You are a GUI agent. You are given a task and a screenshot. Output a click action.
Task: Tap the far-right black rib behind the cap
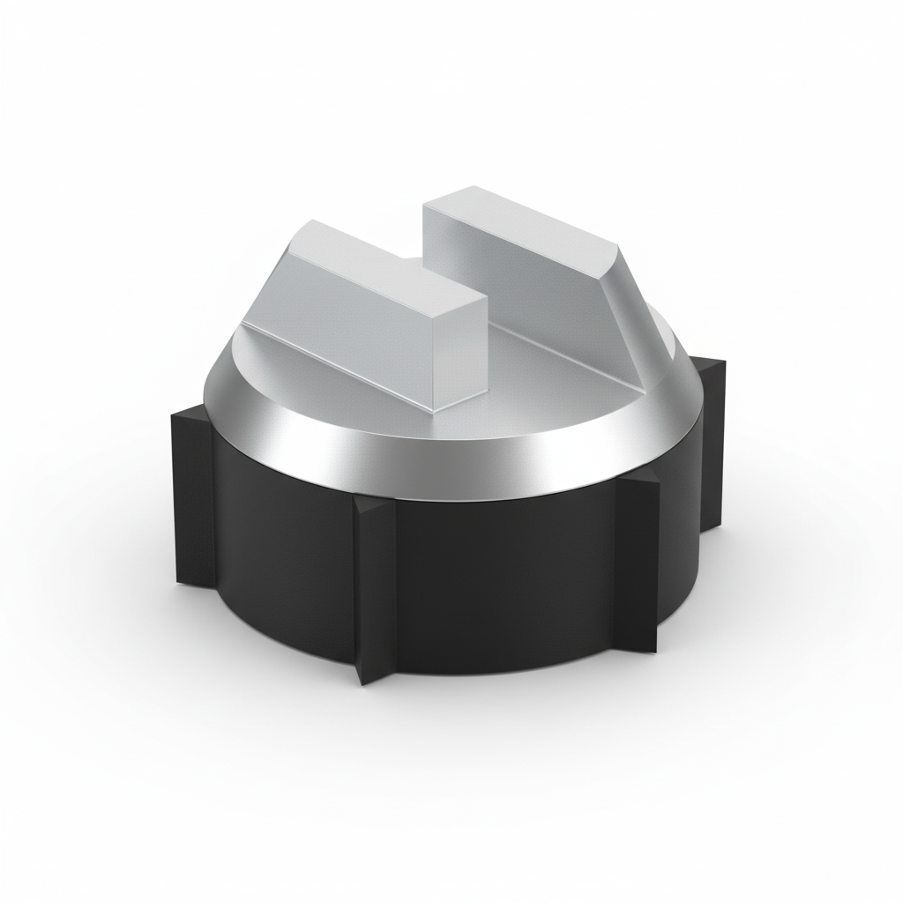coord(710,441)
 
